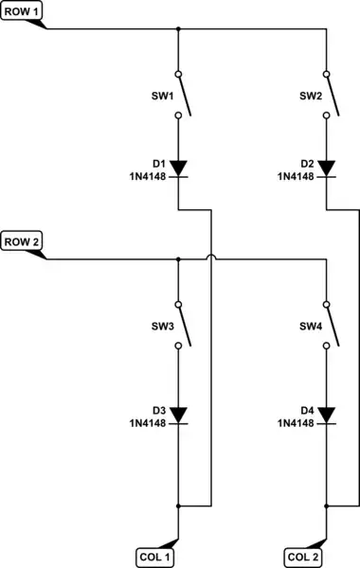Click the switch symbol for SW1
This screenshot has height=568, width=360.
181,95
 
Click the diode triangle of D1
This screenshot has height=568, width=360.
178,169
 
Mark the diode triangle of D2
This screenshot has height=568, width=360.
327,169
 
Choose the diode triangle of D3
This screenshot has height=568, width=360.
178,414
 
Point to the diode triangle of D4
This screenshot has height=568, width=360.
327,414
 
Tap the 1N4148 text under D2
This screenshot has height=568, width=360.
296,176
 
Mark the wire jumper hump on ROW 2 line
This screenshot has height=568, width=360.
209,256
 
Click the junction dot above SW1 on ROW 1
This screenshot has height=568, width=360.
178,28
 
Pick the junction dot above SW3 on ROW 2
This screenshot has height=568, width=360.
178,259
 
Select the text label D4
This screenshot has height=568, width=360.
307,410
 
